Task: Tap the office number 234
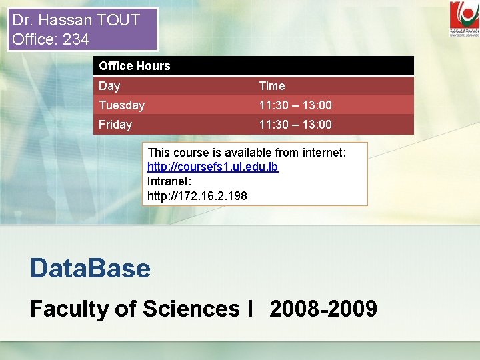pos(76,39)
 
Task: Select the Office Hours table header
pos(135,66)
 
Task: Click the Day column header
pos(109,86)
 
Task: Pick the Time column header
pos(272,86)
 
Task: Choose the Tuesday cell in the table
pos(122,105)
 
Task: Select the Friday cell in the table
pos(115,125)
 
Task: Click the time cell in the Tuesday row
pos(295,105)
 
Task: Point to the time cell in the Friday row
pos(295,125)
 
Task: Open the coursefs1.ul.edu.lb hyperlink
pos(213,167)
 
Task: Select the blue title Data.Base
pos(90,268)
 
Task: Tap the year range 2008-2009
pos(323,309)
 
